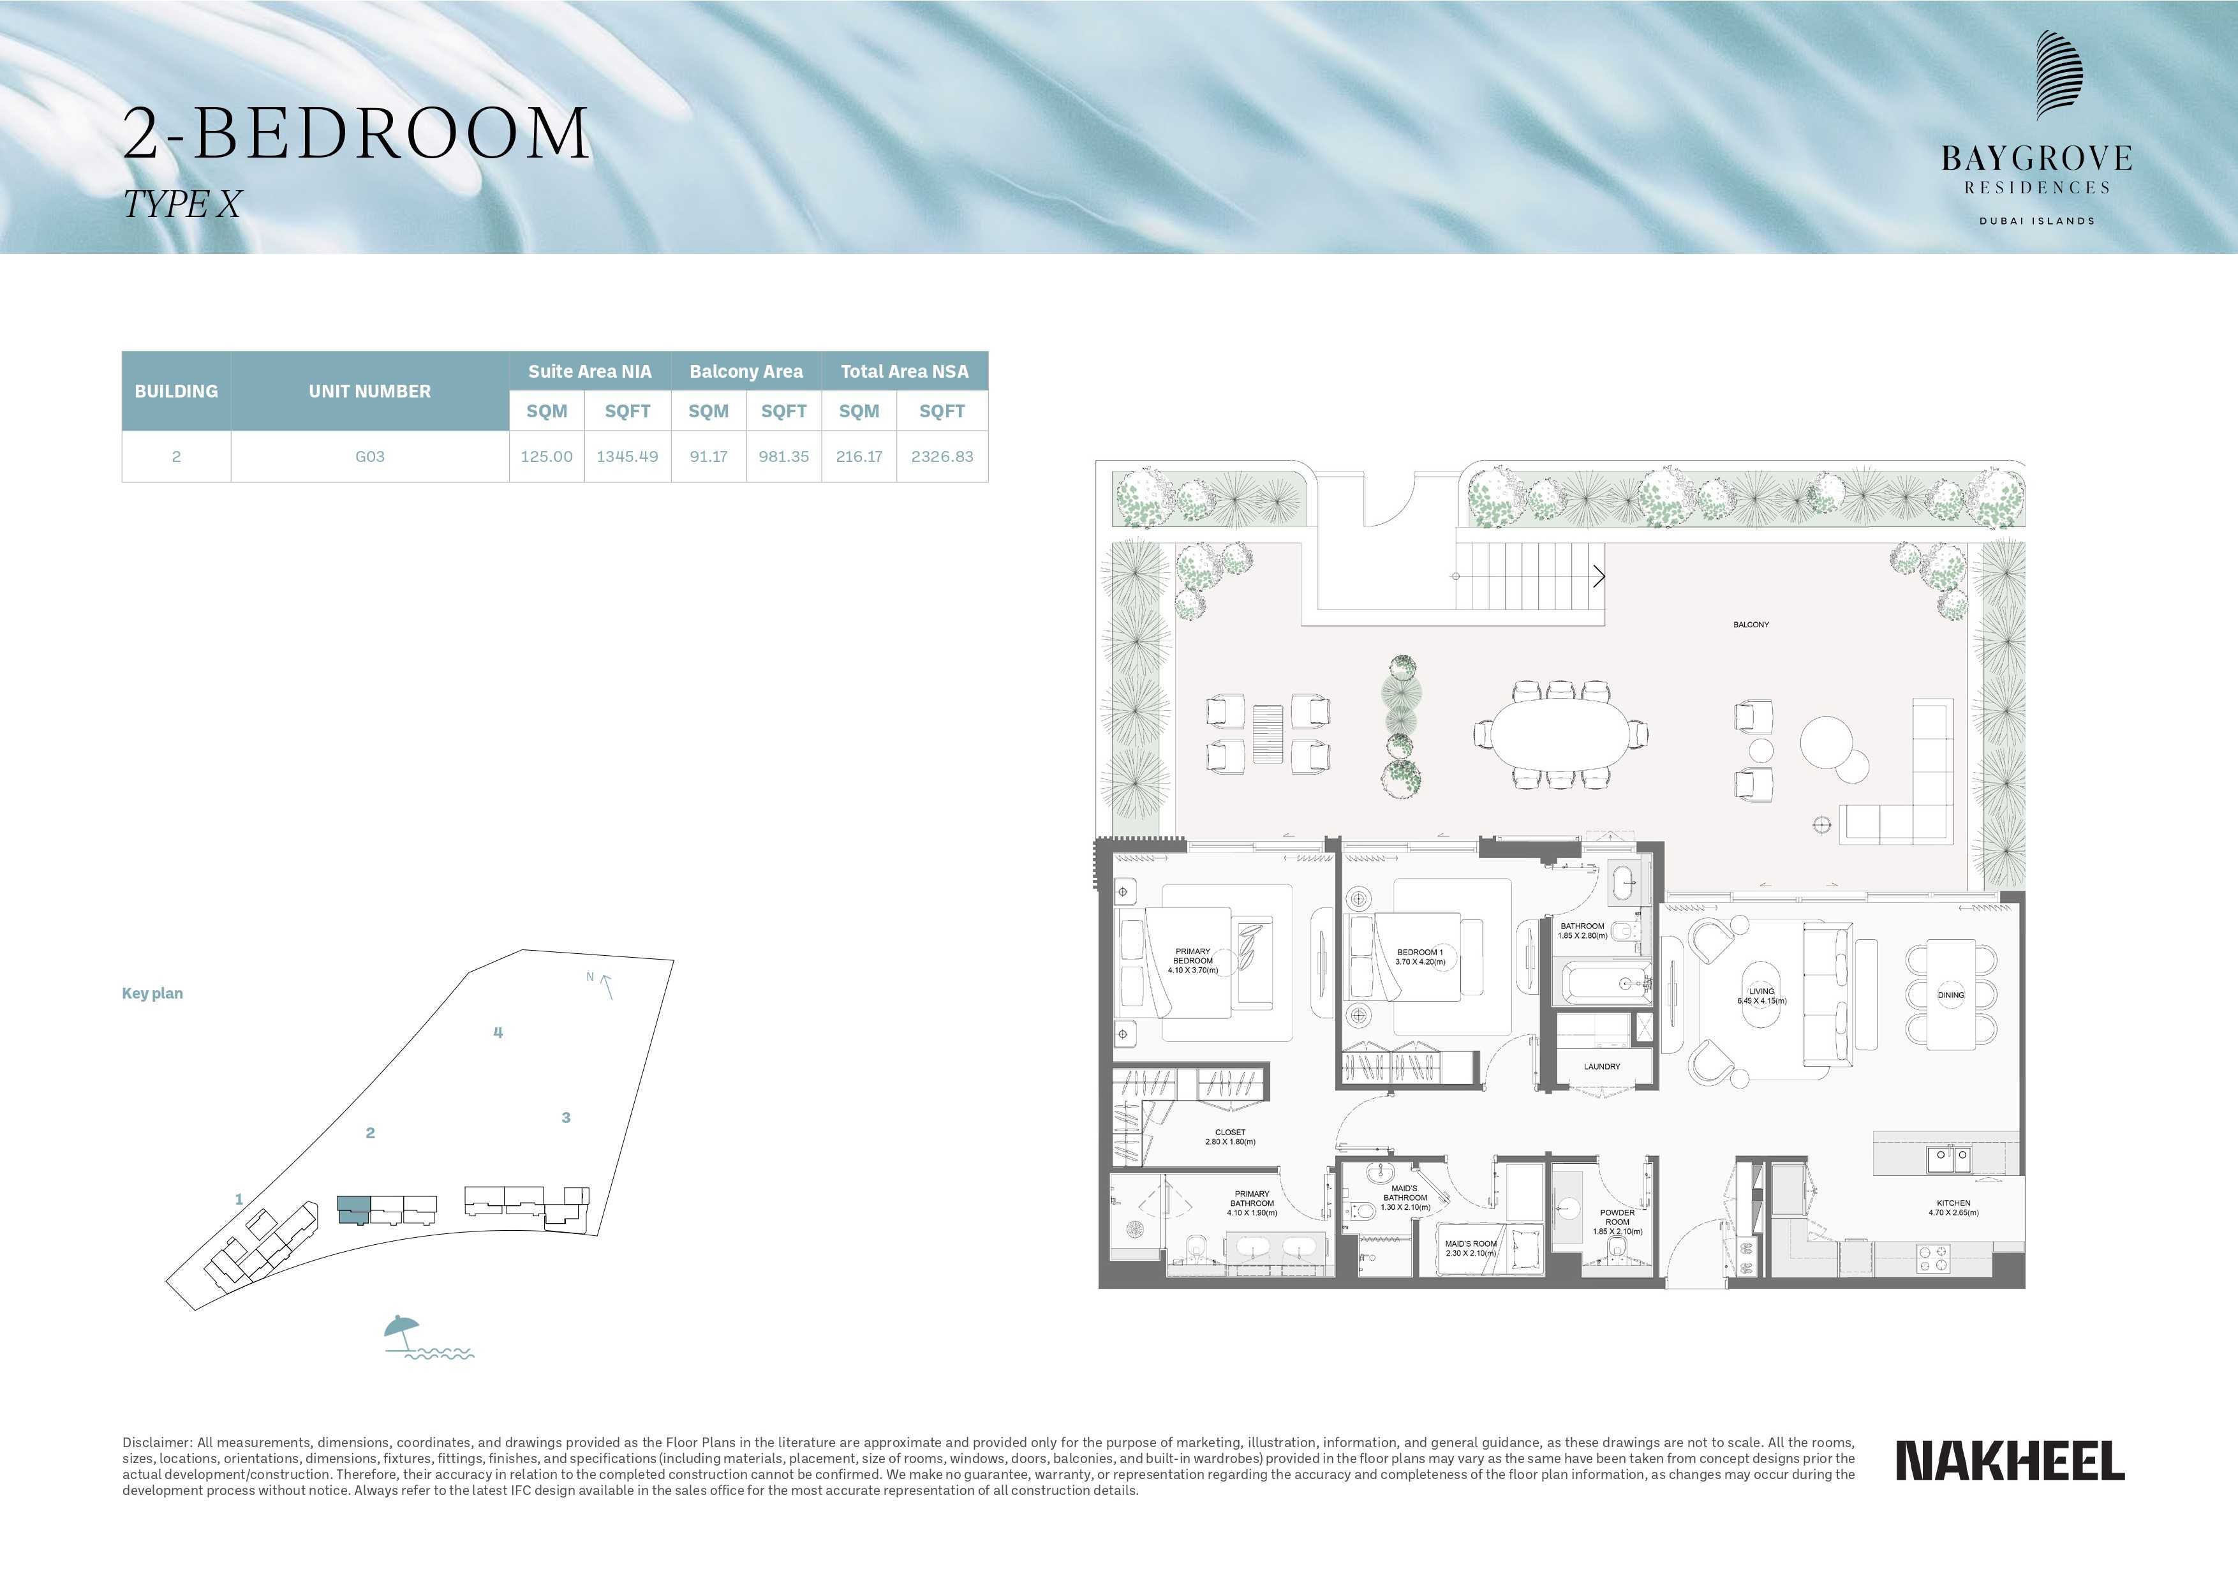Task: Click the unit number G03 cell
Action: click(369, 456)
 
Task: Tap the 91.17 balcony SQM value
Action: click(709, 456)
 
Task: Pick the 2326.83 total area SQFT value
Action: click(942, 456)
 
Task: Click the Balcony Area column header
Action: click(746, 371)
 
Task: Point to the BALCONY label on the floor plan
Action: click(1751, 624)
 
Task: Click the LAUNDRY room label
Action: click(1601, 1066)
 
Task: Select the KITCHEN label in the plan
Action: click(1953, 1203)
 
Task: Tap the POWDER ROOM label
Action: click(1617, 1217)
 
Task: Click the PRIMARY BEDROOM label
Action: click(1193, 955)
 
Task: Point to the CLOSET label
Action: click(1230, 1133)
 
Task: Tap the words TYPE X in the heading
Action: click(182, 204)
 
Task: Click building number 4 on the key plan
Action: click(498, 1032)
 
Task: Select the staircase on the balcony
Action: click(1529, 576)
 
